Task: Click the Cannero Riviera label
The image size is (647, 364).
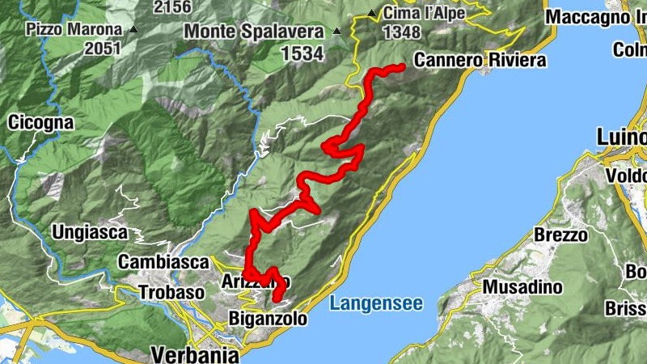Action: (480, 60)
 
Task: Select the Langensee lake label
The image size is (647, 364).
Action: (376, 304)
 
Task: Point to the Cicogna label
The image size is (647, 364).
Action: (40, 123)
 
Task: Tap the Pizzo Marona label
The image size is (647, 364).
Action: (74, 29)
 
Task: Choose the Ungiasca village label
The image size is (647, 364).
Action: (90, 233)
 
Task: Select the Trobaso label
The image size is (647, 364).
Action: (170, 291)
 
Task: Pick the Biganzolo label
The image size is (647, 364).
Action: (269, 319)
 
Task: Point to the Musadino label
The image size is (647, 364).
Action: (522, 287)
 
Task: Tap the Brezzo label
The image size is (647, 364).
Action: (560, 235)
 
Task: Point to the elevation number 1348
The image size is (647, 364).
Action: (402, 32)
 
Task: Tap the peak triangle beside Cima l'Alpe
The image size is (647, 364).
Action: (371, 14)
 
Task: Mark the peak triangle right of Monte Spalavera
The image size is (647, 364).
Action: (338, 32)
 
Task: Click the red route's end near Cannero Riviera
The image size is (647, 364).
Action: (401, 67)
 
